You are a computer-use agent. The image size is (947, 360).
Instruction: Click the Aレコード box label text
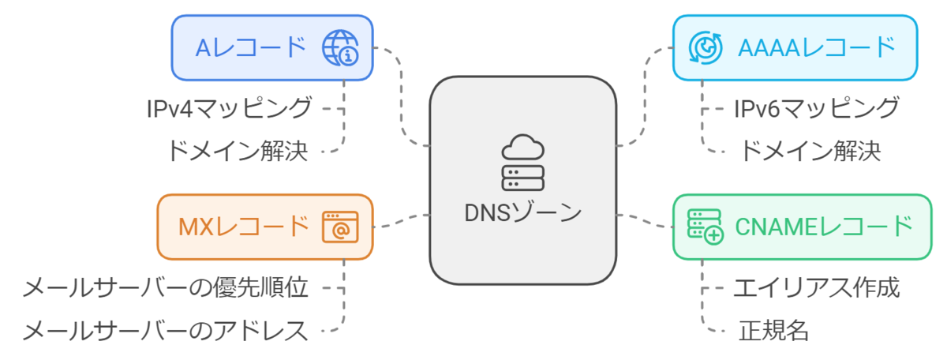250,47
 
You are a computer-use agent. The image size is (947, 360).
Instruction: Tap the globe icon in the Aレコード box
339,48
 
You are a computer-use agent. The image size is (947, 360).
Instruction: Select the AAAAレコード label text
817,47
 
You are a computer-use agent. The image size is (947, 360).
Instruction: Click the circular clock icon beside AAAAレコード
705,47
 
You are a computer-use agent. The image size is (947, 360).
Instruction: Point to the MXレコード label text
243,227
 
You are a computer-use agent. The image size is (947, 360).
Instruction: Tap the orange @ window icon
339,227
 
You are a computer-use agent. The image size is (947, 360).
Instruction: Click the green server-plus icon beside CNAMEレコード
705,227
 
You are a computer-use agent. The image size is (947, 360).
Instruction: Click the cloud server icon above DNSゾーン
522,162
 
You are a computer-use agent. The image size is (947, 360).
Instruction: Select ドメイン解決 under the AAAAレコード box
809,150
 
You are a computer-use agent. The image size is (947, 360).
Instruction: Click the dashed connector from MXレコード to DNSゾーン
401,220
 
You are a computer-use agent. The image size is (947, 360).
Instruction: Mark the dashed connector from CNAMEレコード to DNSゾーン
643,220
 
